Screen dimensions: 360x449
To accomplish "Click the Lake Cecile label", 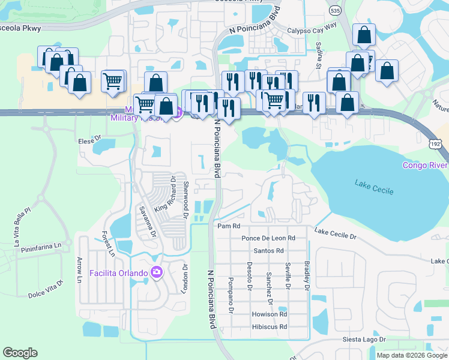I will click(374, 187).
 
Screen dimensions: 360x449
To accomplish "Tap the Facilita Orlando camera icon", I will click(157, 273).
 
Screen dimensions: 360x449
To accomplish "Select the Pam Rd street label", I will click(229, 226).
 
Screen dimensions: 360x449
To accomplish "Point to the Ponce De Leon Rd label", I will click(268, 238).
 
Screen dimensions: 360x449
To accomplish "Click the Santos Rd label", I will click(268, 250).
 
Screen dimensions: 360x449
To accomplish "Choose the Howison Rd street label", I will click(270, 314).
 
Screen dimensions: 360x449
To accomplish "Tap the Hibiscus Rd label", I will click(270, 327).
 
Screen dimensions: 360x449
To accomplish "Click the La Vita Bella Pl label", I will click(21, 226).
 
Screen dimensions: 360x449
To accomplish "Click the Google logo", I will click(20, 353).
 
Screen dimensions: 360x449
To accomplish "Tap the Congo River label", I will click(425, 165).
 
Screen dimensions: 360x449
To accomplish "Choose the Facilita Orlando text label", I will click(118, 274).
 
